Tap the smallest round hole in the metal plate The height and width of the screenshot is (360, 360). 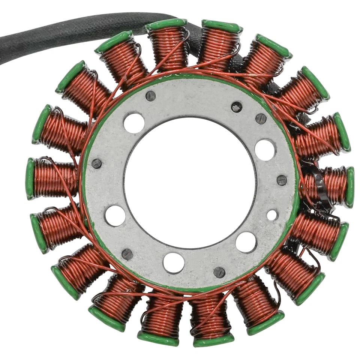pyautogui.click(x=272, y=215)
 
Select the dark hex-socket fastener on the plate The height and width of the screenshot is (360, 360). pyautogui.click(x=237, y=107)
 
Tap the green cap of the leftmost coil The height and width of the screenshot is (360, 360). pyautogui.click(x=30, y=178)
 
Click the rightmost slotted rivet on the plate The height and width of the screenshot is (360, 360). pyautogui.click(x=282, y=180)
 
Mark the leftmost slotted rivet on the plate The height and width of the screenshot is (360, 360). pyautogui.click(x=96, y=163)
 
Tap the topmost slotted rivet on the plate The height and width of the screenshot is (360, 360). pyautogui.click(x=150, y=96)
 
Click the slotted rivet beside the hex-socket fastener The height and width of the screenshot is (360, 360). pyautogui.click(x=261, y=118)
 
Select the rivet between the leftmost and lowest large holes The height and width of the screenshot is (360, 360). pyautogui.click(x=127, y=254)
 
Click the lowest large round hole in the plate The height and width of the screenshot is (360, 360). pyautogui.click(x=174, y=262)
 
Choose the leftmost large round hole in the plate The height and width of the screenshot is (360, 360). pyautogui.click(x=115, y=215)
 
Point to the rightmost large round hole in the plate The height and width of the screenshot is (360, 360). pyautogui.click(x=265, y=150)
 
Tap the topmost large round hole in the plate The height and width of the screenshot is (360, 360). pyautogui.click(x=134, y=123)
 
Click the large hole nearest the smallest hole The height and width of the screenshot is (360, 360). pyautogui.click(x=246, y=242)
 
